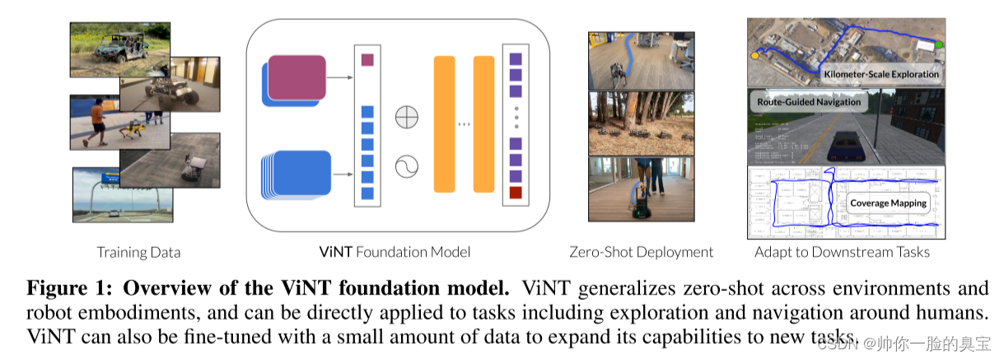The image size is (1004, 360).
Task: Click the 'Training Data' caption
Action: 138,252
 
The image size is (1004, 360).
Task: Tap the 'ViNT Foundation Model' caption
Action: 395,252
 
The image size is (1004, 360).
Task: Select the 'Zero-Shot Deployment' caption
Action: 641,252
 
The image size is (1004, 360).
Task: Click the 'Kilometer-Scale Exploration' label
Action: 881,74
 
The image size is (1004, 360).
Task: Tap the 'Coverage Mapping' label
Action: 889,203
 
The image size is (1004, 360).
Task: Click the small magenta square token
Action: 367,59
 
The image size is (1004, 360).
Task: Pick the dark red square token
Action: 516,193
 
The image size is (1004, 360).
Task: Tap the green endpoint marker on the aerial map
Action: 938,44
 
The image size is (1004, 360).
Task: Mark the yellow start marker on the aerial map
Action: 754,56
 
